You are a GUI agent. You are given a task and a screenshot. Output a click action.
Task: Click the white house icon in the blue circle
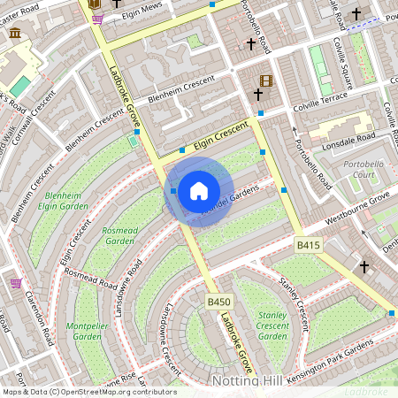199,191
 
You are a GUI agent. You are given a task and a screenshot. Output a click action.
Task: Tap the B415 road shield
308,244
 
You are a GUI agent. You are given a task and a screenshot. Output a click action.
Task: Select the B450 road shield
218,302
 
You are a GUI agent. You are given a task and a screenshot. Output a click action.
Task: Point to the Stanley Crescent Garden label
272,325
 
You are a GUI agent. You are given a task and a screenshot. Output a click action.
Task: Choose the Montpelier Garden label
86,331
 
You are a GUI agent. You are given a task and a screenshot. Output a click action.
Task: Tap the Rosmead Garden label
119,234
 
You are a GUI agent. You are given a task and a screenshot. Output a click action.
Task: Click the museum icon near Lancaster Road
15,33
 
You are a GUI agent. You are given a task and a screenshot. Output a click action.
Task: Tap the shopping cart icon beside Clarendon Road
16,283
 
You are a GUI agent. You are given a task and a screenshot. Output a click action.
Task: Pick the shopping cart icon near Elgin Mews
97,18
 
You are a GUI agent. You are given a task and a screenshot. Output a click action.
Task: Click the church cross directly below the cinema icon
257,94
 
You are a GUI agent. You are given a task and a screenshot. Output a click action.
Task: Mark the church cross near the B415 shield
364,265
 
